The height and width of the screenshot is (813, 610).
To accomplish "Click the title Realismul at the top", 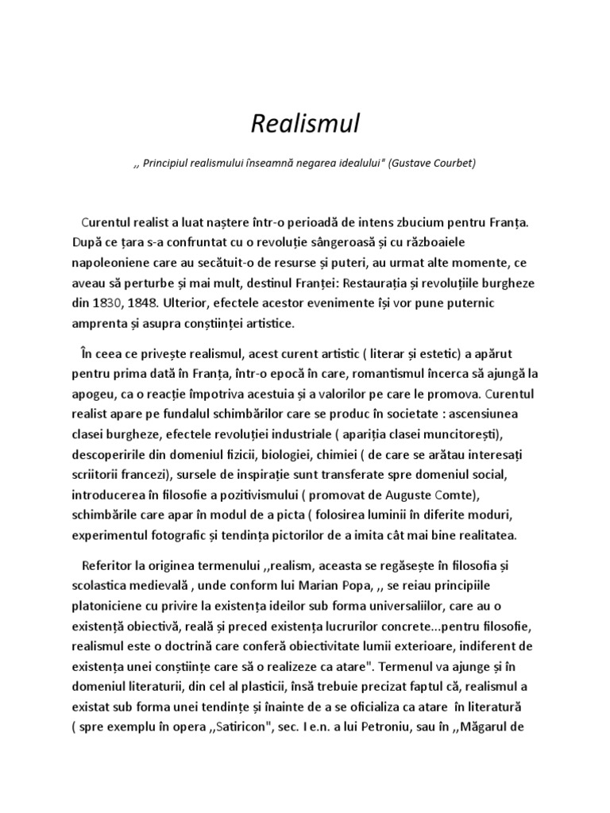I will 305,124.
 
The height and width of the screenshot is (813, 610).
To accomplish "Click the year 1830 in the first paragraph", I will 108,303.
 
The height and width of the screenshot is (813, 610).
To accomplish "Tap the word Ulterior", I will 197,303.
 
